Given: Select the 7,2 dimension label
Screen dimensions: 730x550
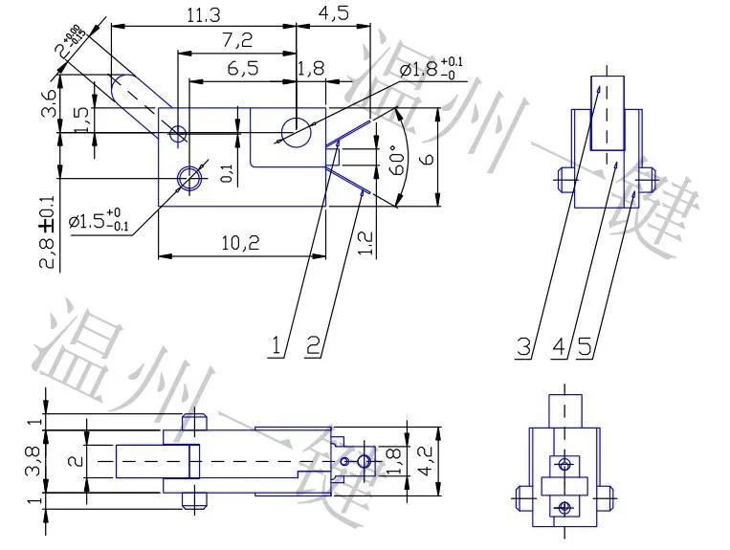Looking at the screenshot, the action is click(236, 41).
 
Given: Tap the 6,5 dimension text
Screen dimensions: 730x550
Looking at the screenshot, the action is click(243, 69).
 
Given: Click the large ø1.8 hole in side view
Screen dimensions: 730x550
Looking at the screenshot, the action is click(296, 129).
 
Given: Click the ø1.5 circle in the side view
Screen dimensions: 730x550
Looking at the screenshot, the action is click(191, 177).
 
